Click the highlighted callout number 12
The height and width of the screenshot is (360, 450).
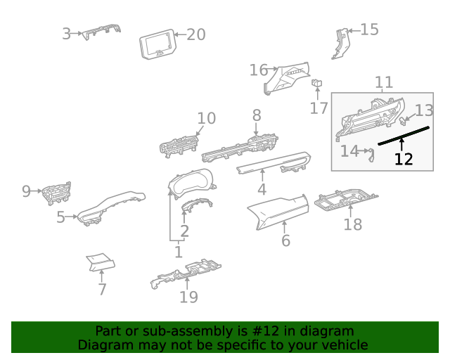point(404,159)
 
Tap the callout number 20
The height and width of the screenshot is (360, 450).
point(195,34)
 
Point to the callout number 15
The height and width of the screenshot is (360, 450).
point(369,30)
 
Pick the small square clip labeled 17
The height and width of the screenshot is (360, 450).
point(317,84)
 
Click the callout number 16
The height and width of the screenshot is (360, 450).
point(258,70)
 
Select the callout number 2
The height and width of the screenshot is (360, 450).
point(184,231)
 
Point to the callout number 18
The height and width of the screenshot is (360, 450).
point(352,224)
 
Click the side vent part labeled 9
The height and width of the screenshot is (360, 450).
point(56,192)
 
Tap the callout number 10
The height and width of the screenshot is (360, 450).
point(206,118)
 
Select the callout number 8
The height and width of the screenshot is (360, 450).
point(257,115)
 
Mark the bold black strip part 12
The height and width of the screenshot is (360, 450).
point(404,136)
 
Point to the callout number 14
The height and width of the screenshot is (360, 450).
point(349,150)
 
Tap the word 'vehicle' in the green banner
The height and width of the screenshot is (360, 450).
point(343,345)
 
